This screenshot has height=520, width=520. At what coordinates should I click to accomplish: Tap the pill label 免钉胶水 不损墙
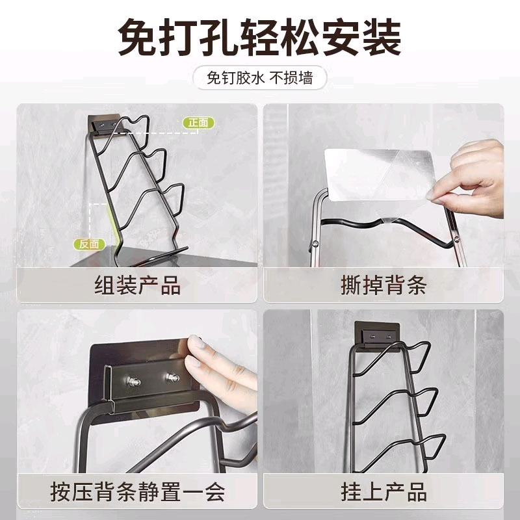coord(260,79)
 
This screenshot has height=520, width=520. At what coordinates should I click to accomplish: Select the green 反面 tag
coord(89,244)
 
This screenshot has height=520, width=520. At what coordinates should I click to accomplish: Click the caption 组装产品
coord(137,284)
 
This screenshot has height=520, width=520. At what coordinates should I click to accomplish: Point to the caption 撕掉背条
coord(383,284)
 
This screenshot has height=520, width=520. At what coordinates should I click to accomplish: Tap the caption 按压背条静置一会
coord(137,491)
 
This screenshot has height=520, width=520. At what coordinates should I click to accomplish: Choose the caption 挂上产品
coord(383,491)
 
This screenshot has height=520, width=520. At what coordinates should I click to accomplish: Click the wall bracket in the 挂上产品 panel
coord(376,335)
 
